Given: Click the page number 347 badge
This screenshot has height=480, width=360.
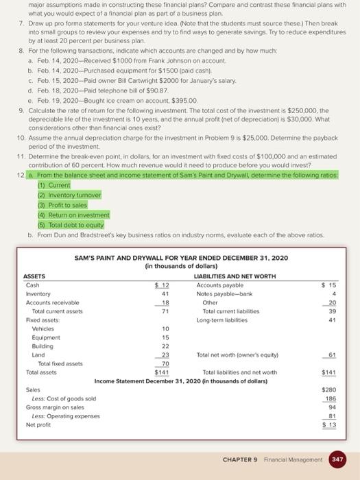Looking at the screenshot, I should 338,459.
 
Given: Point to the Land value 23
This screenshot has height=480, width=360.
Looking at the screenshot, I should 164,355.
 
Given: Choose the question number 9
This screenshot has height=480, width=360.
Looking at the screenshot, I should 21,110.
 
